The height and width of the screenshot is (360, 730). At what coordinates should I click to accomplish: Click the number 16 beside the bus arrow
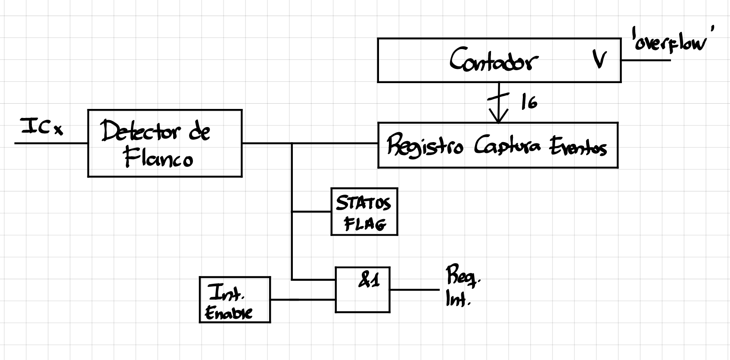529,102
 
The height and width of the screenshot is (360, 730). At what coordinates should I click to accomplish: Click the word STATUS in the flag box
363,203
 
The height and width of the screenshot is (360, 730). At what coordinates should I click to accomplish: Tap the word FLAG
365,224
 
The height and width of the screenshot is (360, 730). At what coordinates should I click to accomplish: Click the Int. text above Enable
227,294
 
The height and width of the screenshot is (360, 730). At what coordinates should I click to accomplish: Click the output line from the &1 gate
413,290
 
